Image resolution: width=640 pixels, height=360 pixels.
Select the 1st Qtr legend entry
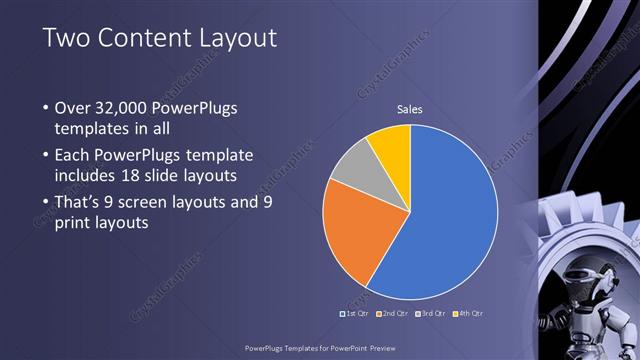point(355,313)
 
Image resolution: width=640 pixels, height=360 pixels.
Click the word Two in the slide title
point(64,39)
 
